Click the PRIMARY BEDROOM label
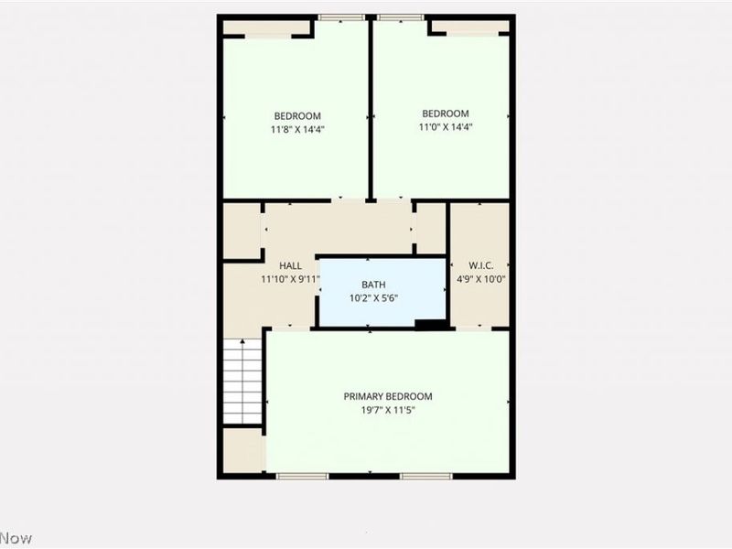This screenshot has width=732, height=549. (x=388, y=396)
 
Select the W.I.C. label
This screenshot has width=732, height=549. (x=480, y=266)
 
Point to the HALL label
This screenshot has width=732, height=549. (x=291, y=266)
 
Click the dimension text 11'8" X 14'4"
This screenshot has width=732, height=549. (x=297, y=129)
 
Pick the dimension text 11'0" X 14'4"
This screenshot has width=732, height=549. (x=446, y=127)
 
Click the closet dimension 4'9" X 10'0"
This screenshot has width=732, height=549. (x=481, y=279)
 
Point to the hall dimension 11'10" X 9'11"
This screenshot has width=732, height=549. (x=290, y=279)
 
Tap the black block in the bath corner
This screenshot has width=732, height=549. (x=429, y=323)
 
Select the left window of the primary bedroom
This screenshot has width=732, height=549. (x=303, y=476)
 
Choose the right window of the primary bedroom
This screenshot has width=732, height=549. (x=426, y=476)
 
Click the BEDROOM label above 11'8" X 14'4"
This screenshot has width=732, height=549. (x=297, y=116)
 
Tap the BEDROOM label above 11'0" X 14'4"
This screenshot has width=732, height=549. (x=446, y=114)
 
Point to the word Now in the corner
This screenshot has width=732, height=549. (x=16, y=538)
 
